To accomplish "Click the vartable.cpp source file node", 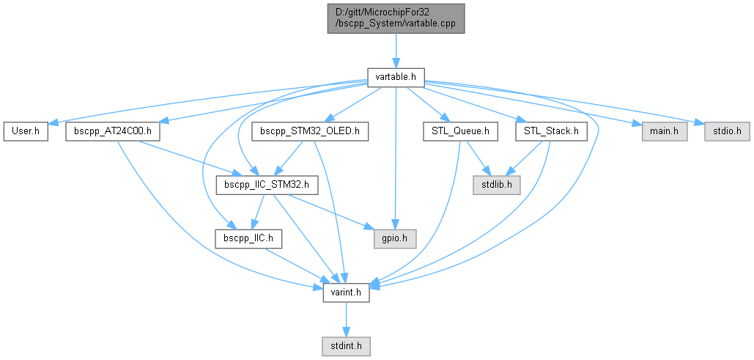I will pyautogui.click(x=396, y=17).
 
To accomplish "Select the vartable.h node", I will pyautogui.click(x=396, y=76).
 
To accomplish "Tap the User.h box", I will pyautogui.click(x=26, y=132).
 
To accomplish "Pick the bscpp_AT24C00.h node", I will pyautogui.click(x=113, y=132).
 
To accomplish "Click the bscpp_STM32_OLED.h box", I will pyautogui.click(x=310, y=132).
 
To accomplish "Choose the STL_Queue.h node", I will pyautogui.click(x=461, y=132).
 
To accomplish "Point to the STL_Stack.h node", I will pyautogui.click(x=552, y=132).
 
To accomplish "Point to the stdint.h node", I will pyautogui.click(x=346, y=344).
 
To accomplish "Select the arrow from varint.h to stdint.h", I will pyautogui.click(x=346, y=319).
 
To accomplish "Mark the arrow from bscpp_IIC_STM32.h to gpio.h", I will pyautogui.click(x=333, y=213).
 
